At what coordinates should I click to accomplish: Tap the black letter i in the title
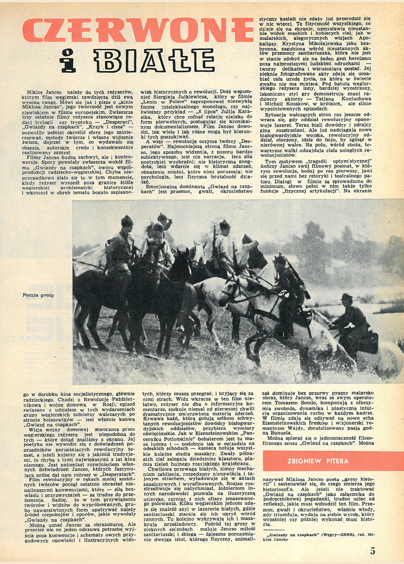(69, 61)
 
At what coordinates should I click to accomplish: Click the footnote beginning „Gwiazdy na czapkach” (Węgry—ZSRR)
(322, 537)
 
